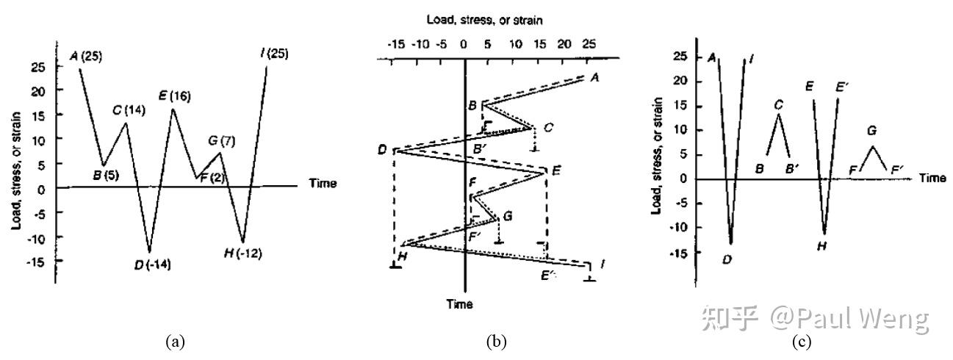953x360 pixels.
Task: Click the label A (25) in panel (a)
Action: coord(86,56)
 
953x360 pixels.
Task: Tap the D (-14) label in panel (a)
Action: coord(153,264)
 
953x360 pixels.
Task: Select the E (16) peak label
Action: coord(175,96)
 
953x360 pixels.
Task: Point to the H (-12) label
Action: coord(243,253)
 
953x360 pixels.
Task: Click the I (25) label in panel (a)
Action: coord(274,54)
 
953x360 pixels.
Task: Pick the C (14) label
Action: coord(129,110)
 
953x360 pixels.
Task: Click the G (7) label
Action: coord(222,141)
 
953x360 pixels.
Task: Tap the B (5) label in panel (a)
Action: coord(107,175)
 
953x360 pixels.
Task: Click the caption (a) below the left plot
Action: coord(176,342)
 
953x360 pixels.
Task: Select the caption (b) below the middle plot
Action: coord(496,342)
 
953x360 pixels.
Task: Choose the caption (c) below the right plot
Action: coord(802,342)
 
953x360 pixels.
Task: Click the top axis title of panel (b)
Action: coord(485,20)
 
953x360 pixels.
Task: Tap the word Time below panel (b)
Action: coord(459,304)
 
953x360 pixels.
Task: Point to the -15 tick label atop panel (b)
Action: coord(395,44)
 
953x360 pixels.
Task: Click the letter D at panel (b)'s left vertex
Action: coord(382,150)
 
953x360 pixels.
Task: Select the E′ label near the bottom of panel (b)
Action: coord(548,276)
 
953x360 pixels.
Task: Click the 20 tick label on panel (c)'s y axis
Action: coord(680,80)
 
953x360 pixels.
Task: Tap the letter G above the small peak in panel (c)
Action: coord(871,130)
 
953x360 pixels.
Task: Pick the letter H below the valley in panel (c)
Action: coord(822,246)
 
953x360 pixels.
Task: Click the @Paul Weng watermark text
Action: coord(849,318)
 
